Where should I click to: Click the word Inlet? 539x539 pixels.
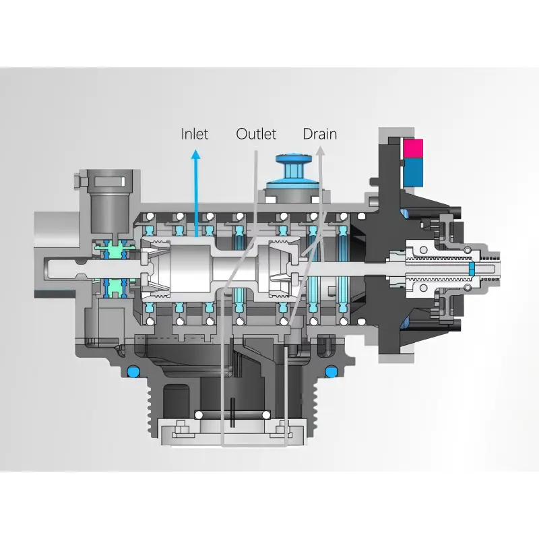click(x=195, y=134)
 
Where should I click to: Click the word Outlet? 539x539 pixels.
click(x=256, y=134)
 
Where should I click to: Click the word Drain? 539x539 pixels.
click(x=319, y=134)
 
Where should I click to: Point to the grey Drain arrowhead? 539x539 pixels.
click(x=321, y=152)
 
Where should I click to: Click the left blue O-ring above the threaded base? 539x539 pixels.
click(x=133, y=371)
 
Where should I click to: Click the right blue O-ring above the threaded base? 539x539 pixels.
click(x=331, y=371)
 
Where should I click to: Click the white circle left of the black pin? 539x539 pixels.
click(x=198, y=414)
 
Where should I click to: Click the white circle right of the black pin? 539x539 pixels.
click(x=267, y=414)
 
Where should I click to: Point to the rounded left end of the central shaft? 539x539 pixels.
click(x=50, y=268)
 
